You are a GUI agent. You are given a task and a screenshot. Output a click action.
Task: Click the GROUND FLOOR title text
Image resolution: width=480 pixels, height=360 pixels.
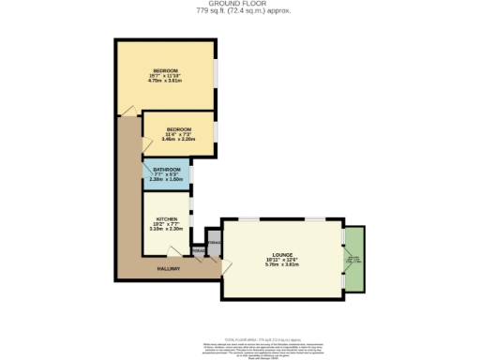pyautogui.click(x=240, y=5)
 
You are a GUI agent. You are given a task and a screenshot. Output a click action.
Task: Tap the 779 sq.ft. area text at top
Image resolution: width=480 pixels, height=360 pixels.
pyautogui.click(x=240, y=12)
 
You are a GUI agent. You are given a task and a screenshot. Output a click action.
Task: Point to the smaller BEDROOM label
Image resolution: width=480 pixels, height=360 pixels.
pyautogui.click(x=178, y=128)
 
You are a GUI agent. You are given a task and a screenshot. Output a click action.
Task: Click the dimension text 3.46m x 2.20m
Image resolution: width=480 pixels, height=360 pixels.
pyautogui.click(x=178, y=139)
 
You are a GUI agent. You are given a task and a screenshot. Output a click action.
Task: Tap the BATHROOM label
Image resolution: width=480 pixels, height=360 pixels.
pyautogui.click(x=167, y=170)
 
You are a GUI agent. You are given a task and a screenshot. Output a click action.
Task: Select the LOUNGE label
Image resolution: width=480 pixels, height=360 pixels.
pyautogui.click(x=282, y=253)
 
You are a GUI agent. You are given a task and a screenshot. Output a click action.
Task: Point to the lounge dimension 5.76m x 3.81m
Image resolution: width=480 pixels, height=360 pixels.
pyautogui.click(x=282, y=264)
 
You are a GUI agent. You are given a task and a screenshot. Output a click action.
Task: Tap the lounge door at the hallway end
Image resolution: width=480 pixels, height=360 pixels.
pyautogui.click(x=222, y=268)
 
